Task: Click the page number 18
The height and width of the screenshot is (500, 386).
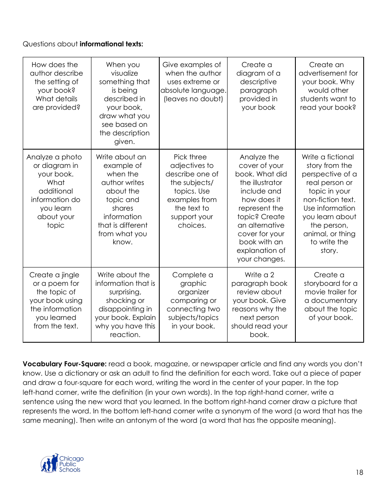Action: pos(359,472)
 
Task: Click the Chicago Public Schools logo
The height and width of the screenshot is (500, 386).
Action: pos(62,463)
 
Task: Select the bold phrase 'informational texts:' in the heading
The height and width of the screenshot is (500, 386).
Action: pos(111,44)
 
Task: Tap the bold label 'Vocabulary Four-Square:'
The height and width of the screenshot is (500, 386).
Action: pos(65,364)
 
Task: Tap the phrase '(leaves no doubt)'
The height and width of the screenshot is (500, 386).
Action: pos(193,99)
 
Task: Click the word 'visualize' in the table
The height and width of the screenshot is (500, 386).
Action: pos(125,73)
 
